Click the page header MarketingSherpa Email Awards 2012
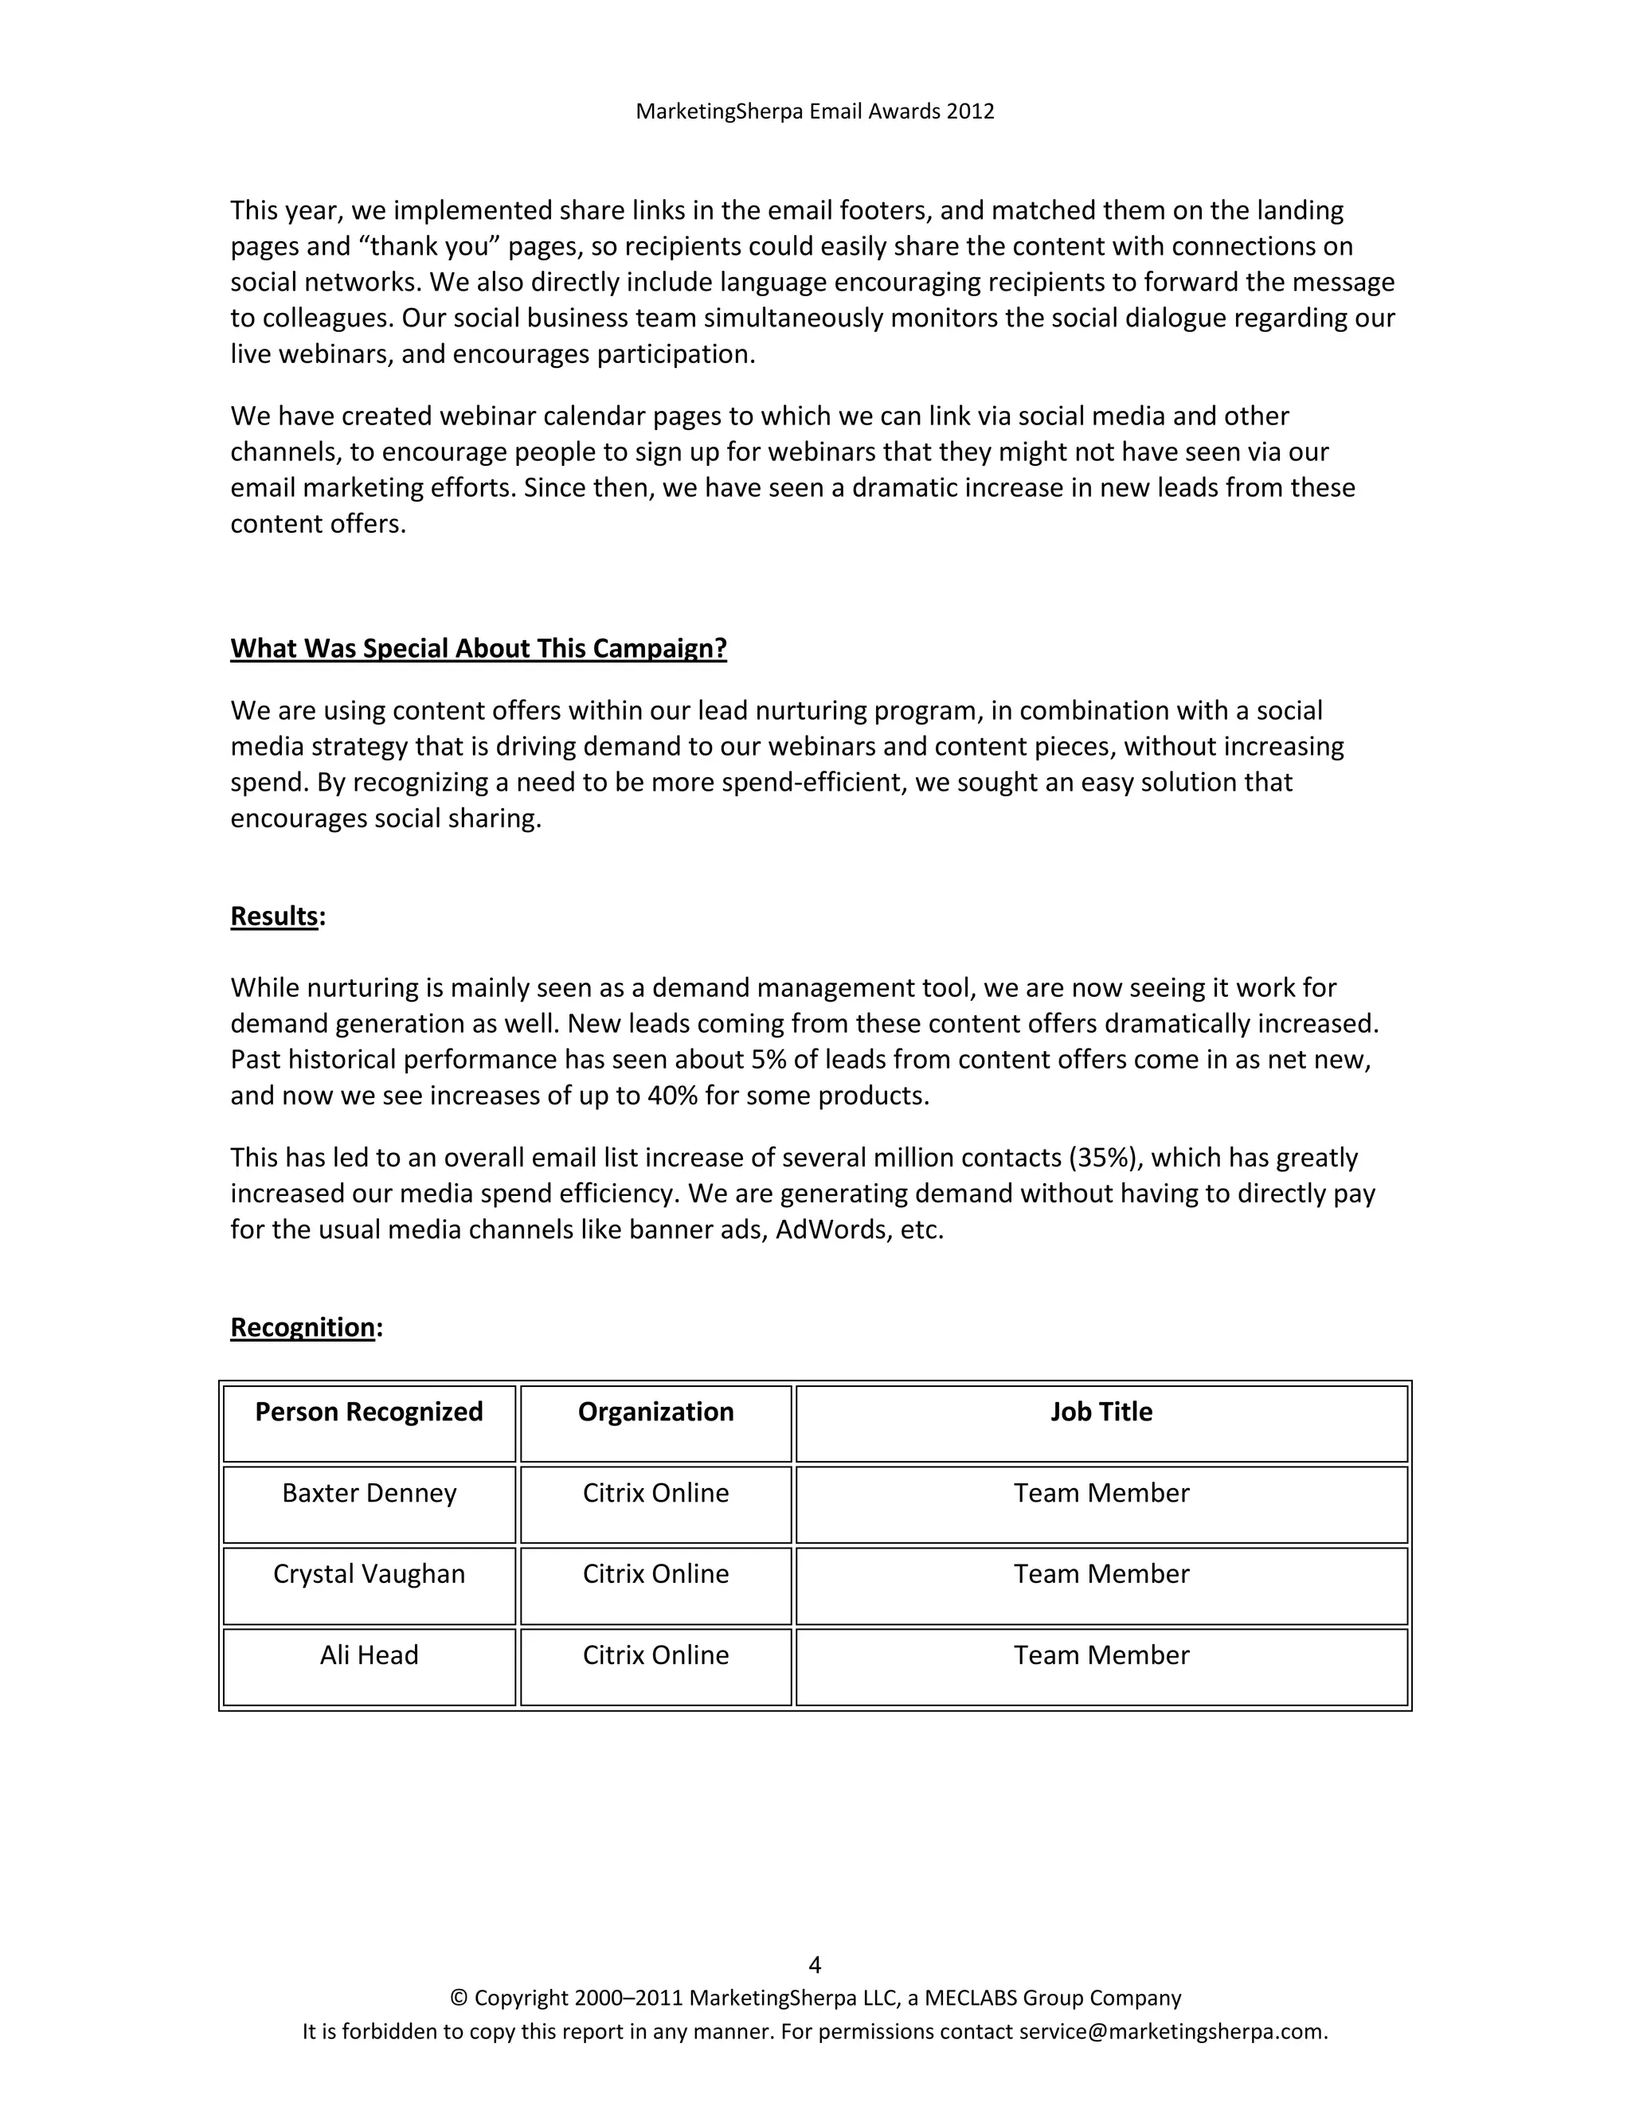pos(815,111)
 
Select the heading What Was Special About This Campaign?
pos(479,648)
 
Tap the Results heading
pos(275,916)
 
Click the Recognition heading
pos(303,1327)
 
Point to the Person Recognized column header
pos(369,1412)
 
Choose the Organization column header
pos(655,1412)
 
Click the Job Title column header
pos(1101,1412)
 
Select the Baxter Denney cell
pos(369,1493)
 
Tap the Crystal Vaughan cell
pos(369,1574)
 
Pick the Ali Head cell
pos(369,1655)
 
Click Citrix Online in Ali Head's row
pos(655,1655)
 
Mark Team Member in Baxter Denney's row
pos(1101,1493)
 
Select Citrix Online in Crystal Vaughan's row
pos(655,1574)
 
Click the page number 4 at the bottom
pos(815,1965)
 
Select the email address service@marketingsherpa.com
pos(1172,2031)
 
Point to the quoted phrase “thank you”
pos(430,246)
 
